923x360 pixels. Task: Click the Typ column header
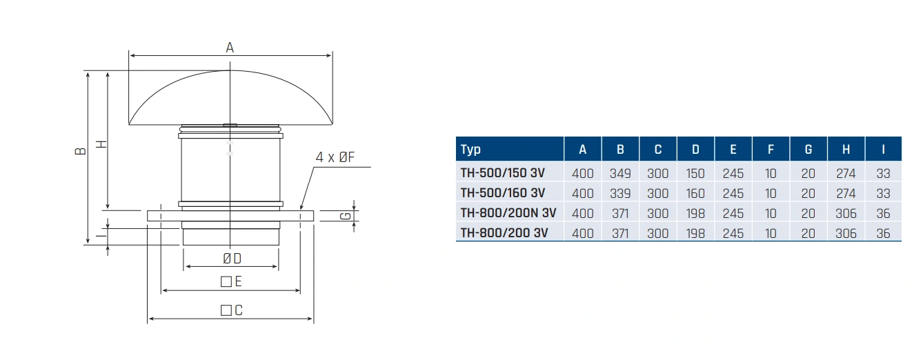471,149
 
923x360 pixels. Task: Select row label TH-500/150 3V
502,173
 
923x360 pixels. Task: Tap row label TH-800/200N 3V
508,213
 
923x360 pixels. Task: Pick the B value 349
620,173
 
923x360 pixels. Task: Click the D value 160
695,193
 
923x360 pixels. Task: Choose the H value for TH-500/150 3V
846,173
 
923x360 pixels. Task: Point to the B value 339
620,193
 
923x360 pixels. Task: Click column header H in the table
846,149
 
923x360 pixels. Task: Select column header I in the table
883,149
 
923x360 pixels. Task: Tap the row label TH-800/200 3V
504,233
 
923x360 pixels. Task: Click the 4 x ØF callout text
335,157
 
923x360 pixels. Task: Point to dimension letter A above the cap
230,48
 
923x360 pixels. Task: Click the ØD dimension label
232,258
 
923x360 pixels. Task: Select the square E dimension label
231,281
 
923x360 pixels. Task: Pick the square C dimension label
232,310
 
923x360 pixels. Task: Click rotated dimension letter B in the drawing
80,150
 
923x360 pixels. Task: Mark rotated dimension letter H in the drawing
101,143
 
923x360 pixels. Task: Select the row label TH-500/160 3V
502,193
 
